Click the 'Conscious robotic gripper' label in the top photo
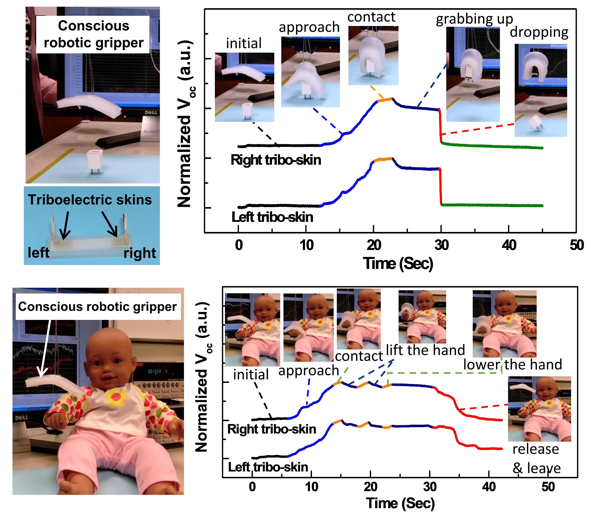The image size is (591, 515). coord(93,34)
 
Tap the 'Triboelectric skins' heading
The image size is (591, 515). coord(90,200)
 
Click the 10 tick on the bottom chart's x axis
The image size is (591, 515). coord(312,487)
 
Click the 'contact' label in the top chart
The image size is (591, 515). coord(371,17)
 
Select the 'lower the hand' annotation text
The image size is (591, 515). coord(512,364)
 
